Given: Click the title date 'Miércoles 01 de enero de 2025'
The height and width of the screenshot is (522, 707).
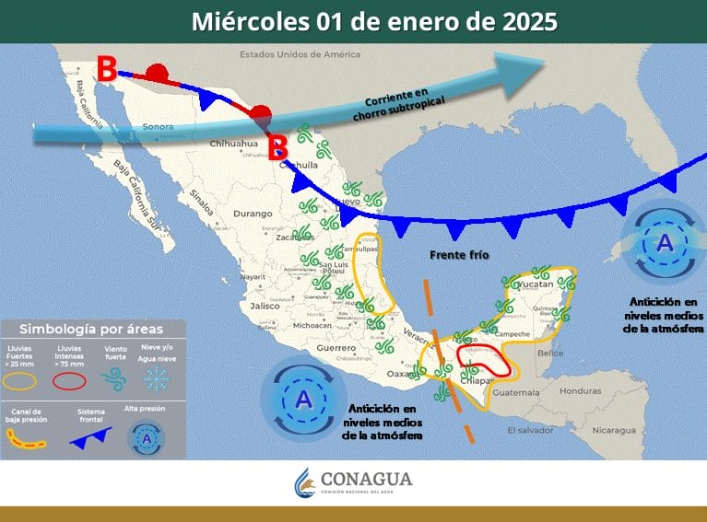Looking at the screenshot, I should point(374,21).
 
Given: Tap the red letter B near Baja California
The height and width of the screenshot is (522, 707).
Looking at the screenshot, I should point(108,68).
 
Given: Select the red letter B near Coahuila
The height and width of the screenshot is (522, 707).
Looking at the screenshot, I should point(277,146).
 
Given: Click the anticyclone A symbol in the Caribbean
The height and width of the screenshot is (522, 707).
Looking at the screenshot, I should point(664,244).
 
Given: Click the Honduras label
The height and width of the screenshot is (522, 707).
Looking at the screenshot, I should point(607,390).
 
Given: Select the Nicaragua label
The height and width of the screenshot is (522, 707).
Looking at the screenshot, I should point(614,430).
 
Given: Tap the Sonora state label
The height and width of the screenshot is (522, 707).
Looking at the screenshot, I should point(158,126).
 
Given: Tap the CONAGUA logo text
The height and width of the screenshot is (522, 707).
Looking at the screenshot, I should point(366,480).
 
